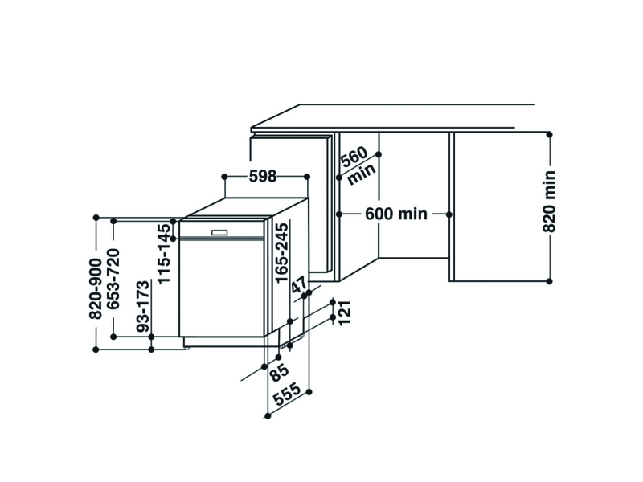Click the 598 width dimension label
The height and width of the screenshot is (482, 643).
[263, 176]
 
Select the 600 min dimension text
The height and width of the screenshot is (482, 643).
[396, 214]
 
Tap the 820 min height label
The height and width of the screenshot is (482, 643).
[549, 202]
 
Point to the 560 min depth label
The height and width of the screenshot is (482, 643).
[358, 165]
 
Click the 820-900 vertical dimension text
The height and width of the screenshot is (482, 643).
[96, 288]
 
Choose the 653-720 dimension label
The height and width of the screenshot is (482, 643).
[113, 279]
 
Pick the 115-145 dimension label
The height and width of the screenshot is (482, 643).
[164, 254]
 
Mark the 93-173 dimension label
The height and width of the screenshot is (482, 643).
[143, 306]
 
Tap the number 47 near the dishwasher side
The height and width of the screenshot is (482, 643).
[299, 285]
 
